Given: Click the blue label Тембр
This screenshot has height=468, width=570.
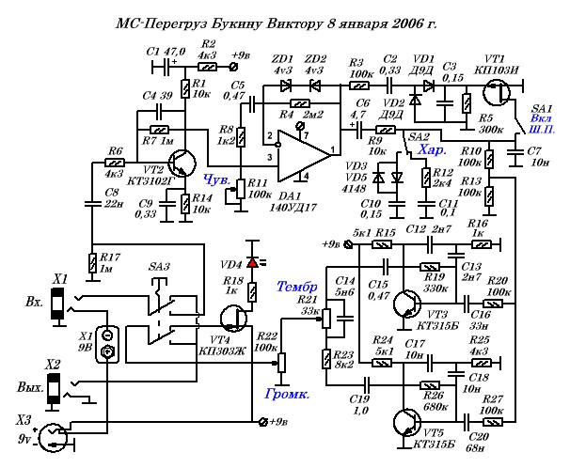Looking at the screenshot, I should point(297,286).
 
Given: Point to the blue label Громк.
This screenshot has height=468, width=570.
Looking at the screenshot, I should point(288,394).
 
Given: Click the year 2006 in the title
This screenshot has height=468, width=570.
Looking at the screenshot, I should point(397,21).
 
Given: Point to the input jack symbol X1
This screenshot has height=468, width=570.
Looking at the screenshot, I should point(58,303).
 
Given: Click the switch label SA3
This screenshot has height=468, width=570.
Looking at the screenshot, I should point(159,268).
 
